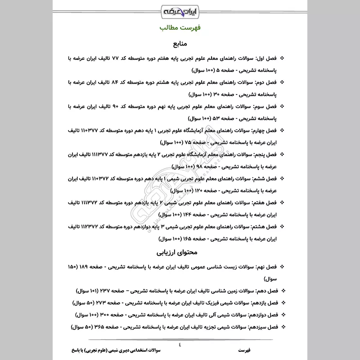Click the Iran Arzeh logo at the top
[180, 10]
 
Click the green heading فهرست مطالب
[180, 28]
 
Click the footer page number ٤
[180, 344]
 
